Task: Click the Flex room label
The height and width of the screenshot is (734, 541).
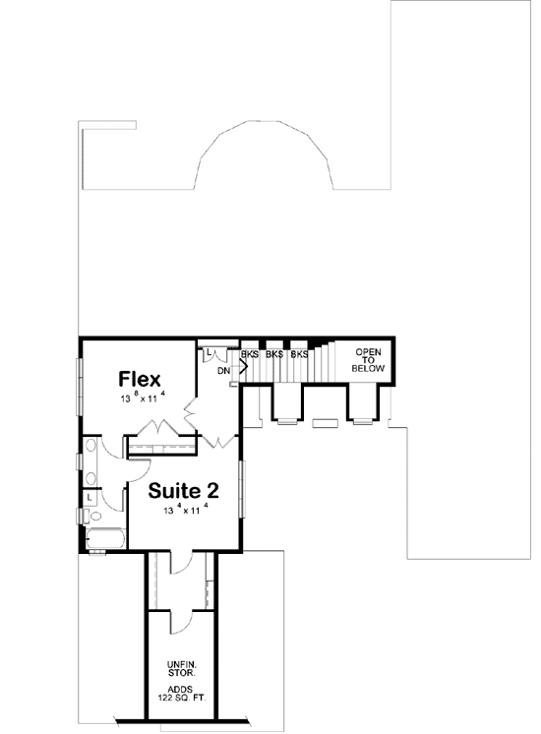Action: pos(142,379)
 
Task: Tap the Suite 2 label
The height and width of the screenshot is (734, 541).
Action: pos(183,491)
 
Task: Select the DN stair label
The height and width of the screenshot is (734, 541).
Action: pos(223,371)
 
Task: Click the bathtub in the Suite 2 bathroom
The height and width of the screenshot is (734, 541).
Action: pos(103,539)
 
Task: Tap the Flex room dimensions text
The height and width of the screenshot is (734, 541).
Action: pos(142,398)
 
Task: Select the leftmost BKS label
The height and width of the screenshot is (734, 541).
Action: pos(249,354)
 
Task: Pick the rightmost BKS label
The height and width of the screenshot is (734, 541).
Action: pos(299,354)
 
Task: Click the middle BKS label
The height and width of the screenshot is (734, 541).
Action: pos(274,354)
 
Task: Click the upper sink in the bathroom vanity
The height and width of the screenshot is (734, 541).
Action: pos(90,454)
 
